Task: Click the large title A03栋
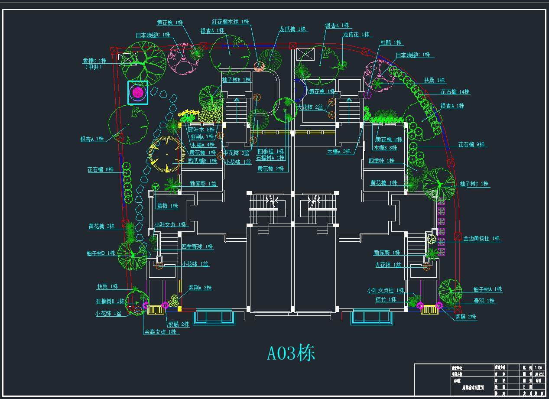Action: tap(291, 354)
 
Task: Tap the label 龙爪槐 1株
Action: tap(293, 29)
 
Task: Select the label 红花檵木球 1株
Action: tap(230, 22)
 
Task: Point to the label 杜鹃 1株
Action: tap(391, 42)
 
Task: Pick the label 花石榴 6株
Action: tap(101, 169)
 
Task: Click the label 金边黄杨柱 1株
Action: tap(481, 238)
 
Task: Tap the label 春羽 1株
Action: tap(484, 301)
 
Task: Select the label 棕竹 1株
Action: tap(386, 299)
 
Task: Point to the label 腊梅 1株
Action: tap(168, 206)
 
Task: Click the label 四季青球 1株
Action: tap(197, 247)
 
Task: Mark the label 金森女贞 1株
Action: tap(160, 332)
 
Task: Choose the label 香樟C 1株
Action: tap(94, 61)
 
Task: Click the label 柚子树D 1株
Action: tap(101, 253)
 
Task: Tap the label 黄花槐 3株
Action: tap(101, 226)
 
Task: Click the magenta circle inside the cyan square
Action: tap(138, 92)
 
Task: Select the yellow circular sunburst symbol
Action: tap(165, 154)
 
